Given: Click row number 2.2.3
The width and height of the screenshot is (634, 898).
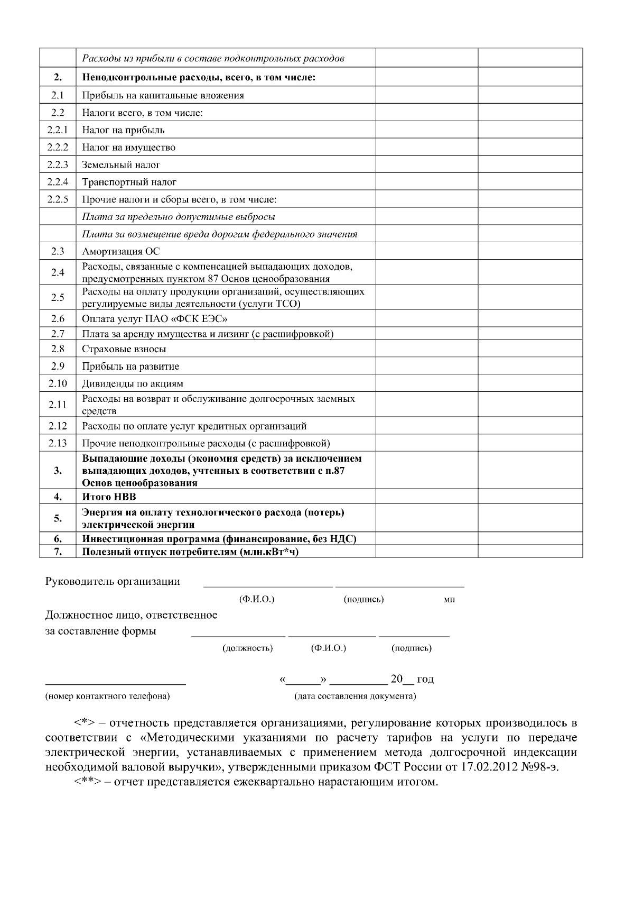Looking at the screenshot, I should coord(58,164).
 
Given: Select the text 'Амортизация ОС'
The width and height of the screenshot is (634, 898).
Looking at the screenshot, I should coord(121,251).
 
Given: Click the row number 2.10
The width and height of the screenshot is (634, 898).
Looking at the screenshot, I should coord(58,383).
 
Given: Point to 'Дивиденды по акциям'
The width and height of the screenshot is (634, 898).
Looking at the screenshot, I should coord(133,383).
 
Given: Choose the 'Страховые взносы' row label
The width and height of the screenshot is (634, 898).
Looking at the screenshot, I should coord(124,349).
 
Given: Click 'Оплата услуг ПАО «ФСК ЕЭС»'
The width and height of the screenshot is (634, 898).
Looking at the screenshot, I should coord(155,319).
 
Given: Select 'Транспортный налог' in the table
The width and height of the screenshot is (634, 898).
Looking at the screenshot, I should coord(129,182).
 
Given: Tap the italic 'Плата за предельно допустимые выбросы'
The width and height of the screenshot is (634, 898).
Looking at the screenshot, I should coord(179,217).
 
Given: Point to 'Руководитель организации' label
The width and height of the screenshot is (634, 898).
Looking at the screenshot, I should coord(113,582).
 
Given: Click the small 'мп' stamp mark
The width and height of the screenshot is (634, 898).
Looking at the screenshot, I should coord(450,600).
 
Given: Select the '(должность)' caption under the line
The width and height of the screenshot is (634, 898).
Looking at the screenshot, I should coord(248,648).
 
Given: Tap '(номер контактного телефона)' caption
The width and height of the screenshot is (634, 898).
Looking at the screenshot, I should coord(108,696).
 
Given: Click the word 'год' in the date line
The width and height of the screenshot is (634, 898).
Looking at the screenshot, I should coord(425,679).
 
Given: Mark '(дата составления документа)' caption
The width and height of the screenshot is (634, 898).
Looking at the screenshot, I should coord(355,696).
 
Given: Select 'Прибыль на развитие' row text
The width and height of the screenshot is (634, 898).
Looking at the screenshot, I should coord(130,366).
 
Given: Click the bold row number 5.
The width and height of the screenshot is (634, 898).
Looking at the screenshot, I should coord(58,518).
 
